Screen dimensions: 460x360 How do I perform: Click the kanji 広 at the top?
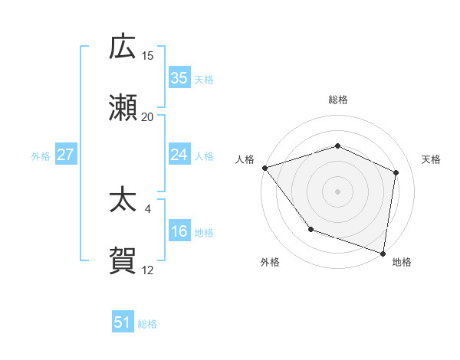pos(123,47)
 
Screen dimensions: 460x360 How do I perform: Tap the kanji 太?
pos(123,200)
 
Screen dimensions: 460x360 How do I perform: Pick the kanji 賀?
pos(123,260)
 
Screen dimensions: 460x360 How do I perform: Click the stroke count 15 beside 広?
pos(147,56)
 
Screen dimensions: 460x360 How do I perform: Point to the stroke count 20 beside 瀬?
pos(147,116)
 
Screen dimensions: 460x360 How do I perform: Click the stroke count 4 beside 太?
pos(147,208)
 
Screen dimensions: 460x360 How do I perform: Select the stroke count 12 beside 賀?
pos(147,270)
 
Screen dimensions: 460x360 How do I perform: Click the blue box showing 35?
pos(179,77)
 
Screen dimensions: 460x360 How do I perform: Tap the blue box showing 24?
pos(179,155)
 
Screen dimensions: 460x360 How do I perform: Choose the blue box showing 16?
pos(179,231)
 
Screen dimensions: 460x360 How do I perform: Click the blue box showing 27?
pos(65,155)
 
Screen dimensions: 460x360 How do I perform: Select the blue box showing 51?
pos(123,322)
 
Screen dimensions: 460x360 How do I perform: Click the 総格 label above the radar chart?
pos(337,100)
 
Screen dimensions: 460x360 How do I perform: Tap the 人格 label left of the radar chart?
pos(245,159)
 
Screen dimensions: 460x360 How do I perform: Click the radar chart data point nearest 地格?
pos(383,253)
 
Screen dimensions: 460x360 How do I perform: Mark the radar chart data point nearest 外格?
pos(310,229)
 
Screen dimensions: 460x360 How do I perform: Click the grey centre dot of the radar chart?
pos(337,191)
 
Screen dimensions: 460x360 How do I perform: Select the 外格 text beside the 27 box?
pos(41,155)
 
